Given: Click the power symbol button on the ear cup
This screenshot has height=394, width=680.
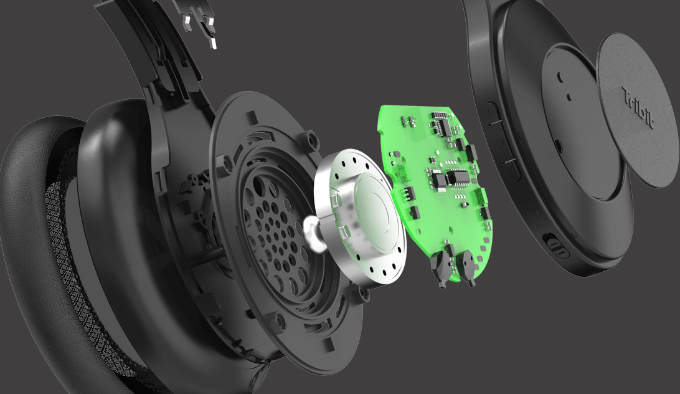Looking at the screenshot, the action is tap(500, 143).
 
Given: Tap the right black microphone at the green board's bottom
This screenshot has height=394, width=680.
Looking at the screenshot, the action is tap(466, 268).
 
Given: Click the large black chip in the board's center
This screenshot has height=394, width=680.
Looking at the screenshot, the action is tap(458, 177).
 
